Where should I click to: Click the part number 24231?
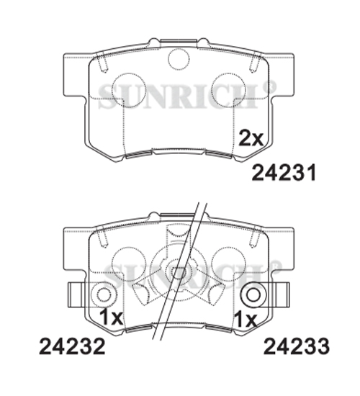tap(284, 172)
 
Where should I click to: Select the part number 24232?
tap(72, 346)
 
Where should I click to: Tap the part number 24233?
tap(297, 346)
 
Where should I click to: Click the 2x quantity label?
tap(251, 138)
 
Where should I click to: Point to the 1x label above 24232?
tap(111, 318)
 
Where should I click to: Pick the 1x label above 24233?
tap(246, 319)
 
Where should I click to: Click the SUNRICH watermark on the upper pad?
tap(187, 96)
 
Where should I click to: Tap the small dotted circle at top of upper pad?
tap(179, 59)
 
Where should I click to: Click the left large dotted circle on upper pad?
tap(129, 90)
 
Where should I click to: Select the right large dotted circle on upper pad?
tap(229, 90)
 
